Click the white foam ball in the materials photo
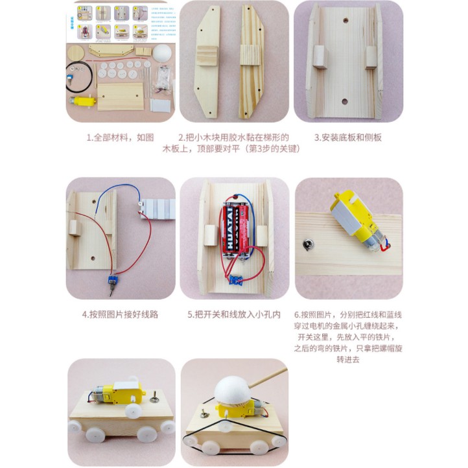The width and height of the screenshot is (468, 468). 162,53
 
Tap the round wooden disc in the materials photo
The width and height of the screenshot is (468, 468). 76,53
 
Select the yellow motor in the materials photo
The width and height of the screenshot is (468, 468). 83,101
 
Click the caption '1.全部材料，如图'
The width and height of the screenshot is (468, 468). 121,137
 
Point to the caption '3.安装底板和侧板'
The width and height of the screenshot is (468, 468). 348,137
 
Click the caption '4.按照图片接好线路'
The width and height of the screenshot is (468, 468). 121,314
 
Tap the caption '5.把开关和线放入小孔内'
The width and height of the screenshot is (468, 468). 234,314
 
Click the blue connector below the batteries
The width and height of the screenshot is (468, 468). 235,280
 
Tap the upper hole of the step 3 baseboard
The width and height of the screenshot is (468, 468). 345,21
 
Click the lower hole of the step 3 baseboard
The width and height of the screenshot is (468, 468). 345,102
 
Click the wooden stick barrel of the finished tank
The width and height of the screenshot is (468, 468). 268,377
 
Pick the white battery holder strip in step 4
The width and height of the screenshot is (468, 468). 158,209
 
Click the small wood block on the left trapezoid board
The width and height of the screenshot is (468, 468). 207,56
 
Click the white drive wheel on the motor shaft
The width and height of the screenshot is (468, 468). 134,411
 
